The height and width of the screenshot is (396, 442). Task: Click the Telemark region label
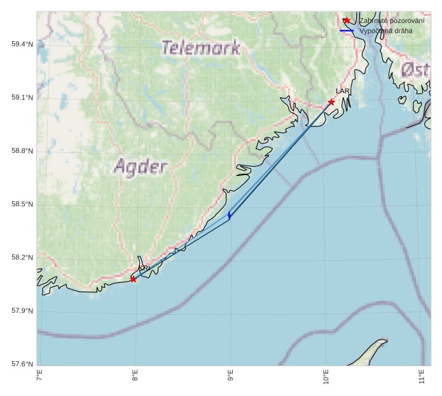[x=200, y=48]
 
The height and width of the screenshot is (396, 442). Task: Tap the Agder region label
[x=141, y=167]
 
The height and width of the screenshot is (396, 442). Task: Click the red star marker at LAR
[x=331, y=102]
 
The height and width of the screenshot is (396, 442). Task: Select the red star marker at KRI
[x=134, y=279]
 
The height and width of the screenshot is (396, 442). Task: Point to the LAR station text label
[x=343, y=91]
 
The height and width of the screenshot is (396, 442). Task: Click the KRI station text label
[x=144, y=268]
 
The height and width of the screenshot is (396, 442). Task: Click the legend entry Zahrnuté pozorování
[x=392, y=21]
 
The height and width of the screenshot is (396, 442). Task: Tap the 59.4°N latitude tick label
[x=22, y=44]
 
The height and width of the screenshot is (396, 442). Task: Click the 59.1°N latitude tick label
[x=22, y=98]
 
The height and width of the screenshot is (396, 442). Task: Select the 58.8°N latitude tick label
[x=22, y=151]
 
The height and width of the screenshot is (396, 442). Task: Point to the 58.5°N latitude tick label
[x=22, y=204]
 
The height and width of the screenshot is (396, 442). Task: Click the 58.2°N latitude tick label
[x=22, y=258]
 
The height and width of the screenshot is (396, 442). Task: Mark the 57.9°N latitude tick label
[x=22, y=311]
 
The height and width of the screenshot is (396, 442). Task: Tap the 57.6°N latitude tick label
[x=22, y=364]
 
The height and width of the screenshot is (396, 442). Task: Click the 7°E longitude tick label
[x=39, y=377]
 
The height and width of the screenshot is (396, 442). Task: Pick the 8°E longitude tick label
[x=135, y=377]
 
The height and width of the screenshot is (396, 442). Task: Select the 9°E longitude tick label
[x=230, y=377]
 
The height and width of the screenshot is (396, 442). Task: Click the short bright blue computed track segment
[x=229, y=216]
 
